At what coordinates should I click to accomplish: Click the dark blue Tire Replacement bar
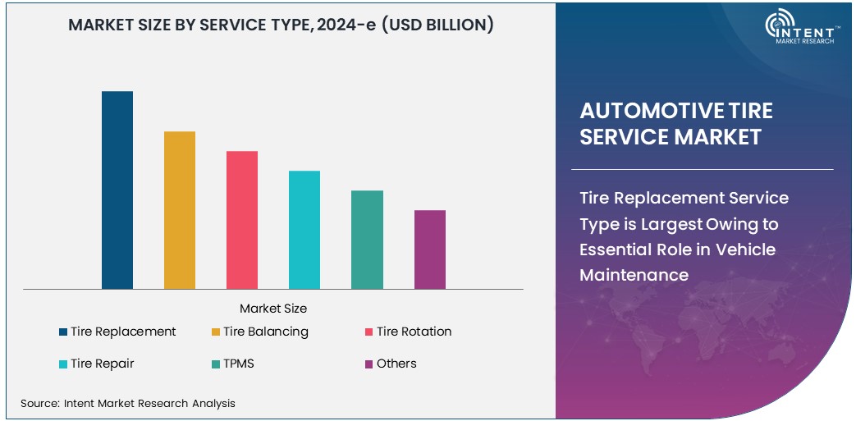tap(117, 190)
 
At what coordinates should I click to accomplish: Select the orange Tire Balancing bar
tap(180, 210)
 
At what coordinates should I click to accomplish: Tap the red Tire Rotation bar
tap(242, 220)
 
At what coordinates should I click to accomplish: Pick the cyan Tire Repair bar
tap(304, 230)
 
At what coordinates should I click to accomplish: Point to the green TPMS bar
tap(367, 240)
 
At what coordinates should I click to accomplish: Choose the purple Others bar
tap(430, 249)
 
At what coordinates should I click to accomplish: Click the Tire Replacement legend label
tap(123, 332)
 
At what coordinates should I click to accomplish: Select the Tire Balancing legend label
tap(265, 332)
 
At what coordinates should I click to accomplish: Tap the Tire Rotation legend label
tap(414, 332)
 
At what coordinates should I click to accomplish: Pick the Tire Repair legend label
tap(102, 364)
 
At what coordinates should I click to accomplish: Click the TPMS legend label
tap(238, 364)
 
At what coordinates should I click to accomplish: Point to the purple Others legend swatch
tap(369, 364)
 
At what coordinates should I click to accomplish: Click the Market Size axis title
tap(273, 309)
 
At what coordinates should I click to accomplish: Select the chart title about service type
tap(281, 25)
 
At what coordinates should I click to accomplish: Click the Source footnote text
tap(127, 403)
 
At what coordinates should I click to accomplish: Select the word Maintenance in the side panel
tap(634, 275)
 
